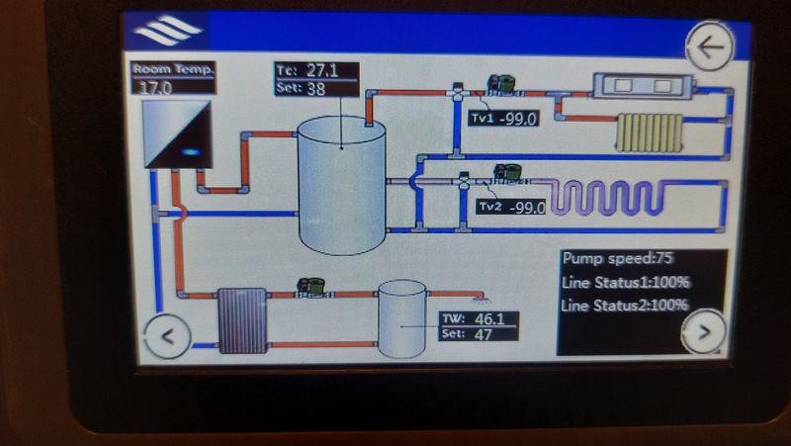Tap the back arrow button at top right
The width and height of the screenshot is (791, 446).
(710, 46)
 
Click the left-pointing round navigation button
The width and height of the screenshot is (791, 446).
(168, 335)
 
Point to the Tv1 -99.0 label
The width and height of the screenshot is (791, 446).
(504, 119)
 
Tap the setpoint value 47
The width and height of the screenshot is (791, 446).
(482, 334)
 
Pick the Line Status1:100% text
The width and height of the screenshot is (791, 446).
(625, 283)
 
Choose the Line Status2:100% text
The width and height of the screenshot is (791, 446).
(625, 306)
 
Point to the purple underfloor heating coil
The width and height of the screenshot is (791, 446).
(619, 196)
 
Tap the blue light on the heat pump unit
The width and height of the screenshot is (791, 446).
(193, 152)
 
